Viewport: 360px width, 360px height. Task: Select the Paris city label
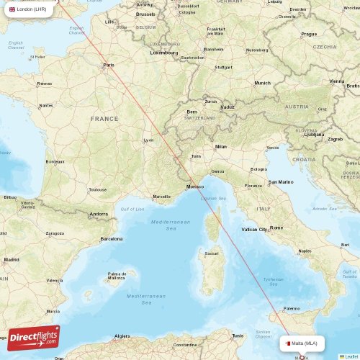point(109,66)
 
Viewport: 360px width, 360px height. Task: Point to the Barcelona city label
point(112,238)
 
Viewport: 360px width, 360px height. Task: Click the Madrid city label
point(11,259)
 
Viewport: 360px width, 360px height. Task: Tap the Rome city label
point(276,228)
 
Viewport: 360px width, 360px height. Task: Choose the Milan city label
point(220,146)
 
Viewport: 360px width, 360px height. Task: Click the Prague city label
point(309,34)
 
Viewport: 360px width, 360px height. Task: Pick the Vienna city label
point(337,81)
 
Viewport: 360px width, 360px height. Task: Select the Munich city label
point(262,83)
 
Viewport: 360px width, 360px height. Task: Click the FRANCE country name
point(104,118)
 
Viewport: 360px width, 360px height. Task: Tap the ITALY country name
point(264,209)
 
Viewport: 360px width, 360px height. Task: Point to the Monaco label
point(194,187)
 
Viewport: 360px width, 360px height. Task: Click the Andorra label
point(98,215)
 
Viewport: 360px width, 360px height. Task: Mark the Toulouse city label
point(97,190)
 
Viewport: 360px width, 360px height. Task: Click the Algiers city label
point(122,336)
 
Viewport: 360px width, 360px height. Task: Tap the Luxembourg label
point(164,53)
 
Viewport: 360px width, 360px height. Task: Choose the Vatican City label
point(254,229)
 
